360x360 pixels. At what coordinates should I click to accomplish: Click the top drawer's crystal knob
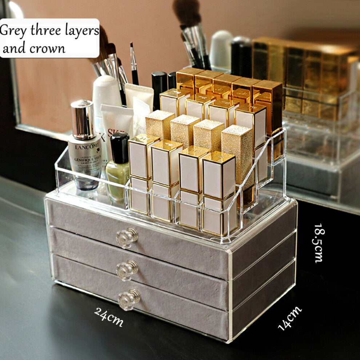click(127, 237)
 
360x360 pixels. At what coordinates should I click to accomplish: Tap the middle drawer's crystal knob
click(127, 270)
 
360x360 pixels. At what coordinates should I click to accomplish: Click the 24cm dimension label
click(109, 316)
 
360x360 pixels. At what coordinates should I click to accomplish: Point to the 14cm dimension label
click(290, 318)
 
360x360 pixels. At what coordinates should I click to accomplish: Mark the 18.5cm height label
click(318, 243)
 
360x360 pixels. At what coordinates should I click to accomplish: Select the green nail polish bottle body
click(117, 180)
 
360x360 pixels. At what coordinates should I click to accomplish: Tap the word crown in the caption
click(48, 48)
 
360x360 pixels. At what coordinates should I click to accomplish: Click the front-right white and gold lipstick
click(219, 175)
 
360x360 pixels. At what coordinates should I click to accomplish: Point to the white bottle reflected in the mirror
click(221, 49)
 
